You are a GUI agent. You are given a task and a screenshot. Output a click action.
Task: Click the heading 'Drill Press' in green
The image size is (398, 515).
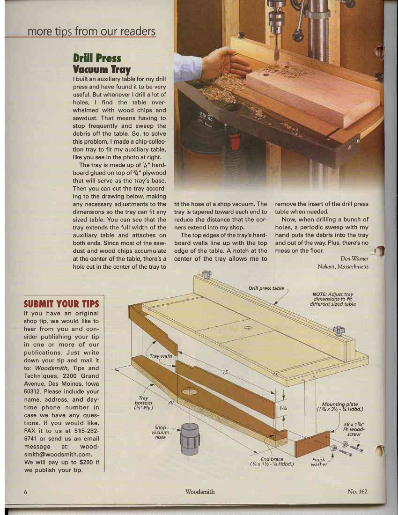click(97, 59)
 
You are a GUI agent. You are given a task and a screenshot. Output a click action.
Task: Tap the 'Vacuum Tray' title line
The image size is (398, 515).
click(98, 69)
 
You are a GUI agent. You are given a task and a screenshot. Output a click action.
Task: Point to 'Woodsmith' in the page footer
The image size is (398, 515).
click(200, 492)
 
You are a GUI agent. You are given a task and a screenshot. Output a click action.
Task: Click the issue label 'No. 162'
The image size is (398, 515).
click(358, 492)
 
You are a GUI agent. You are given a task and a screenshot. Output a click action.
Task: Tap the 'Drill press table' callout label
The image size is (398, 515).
click(266, 288)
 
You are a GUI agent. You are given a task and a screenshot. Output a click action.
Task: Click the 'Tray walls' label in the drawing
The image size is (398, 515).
click(161, 356)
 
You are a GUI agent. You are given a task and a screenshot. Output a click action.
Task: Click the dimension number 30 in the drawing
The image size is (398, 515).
click(171, 402)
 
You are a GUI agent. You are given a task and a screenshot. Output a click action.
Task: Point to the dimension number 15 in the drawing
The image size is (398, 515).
click(225, 372)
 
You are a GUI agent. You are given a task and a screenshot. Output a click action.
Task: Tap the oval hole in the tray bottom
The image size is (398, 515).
click(189, 391)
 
